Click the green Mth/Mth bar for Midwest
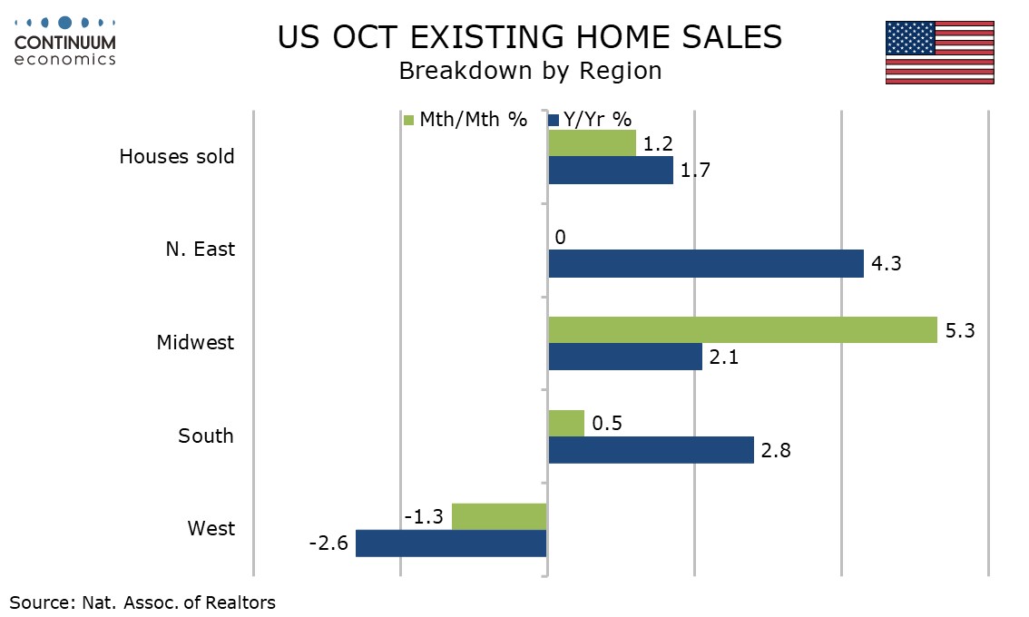point(742,330)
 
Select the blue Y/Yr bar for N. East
point(706,264)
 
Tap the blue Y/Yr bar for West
point(451,544)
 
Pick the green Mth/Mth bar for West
point(499,516)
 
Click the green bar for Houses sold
point(592,143)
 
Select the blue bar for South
point(651,450)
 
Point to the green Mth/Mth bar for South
point(566,423)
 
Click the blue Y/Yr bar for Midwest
point(625,357)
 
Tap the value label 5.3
point(959,331)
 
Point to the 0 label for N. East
point(560,238)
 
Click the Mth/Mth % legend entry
point(465,120)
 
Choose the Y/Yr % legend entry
point(590,120)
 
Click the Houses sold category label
point(177,156)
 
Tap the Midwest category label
point(195,343)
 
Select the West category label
point(211,529)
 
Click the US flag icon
point(939,54)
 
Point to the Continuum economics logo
point(65,41)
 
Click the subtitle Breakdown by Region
point(530,71)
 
